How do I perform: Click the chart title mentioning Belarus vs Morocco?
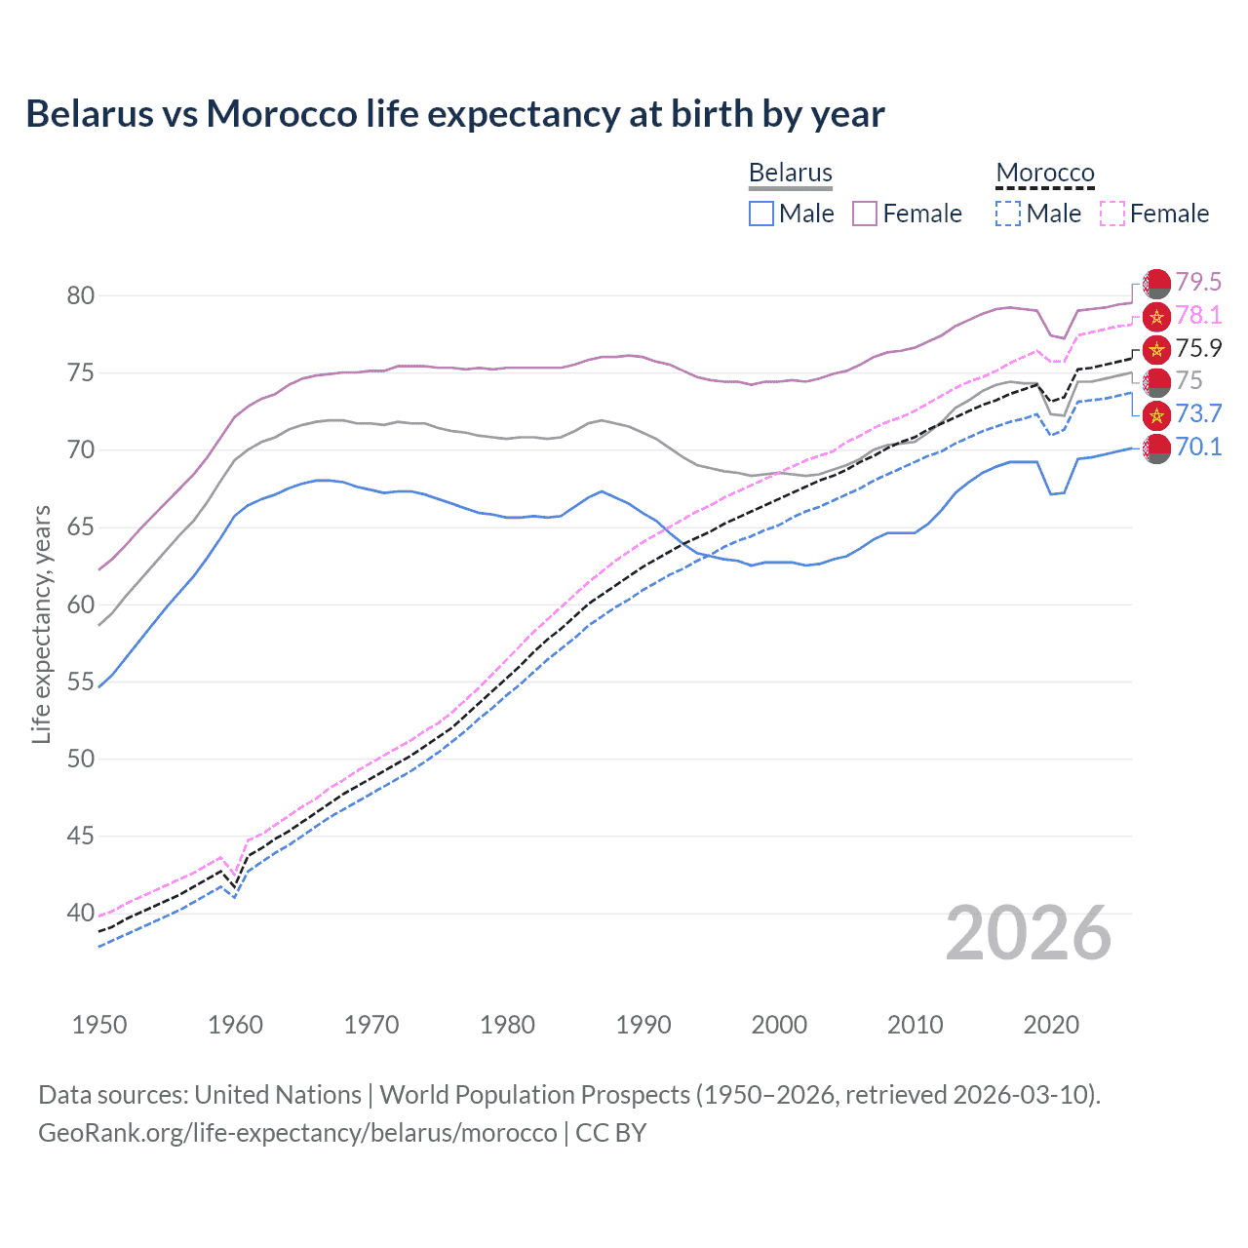coord(454,114)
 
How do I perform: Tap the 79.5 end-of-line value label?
coord(1198,282)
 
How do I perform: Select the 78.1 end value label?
coord(1198,315)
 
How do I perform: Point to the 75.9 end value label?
coord(1198,348)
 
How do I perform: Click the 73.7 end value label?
coord(1198,413)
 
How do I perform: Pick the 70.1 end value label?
coord(1198,447)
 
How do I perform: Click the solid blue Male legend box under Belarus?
coord(761,214)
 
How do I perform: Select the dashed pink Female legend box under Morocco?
coord(1112,214)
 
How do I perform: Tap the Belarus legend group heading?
coord(791,173)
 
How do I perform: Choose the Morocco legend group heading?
coord(1045,173)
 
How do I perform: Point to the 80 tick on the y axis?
coord(80,295)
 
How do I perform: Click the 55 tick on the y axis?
coord(80,682)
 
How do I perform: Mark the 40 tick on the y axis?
coord(80,914)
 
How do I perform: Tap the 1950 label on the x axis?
coord(99,1025)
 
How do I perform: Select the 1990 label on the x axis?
coord(643,1025)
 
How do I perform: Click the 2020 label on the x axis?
coord(1051,1025)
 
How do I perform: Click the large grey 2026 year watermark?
coord(1029,933)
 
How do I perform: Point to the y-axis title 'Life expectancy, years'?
coord(41,624)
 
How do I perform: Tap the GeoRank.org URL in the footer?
coord(297,1133)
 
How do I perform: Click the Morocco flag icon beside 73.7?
coord(1156,414)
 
